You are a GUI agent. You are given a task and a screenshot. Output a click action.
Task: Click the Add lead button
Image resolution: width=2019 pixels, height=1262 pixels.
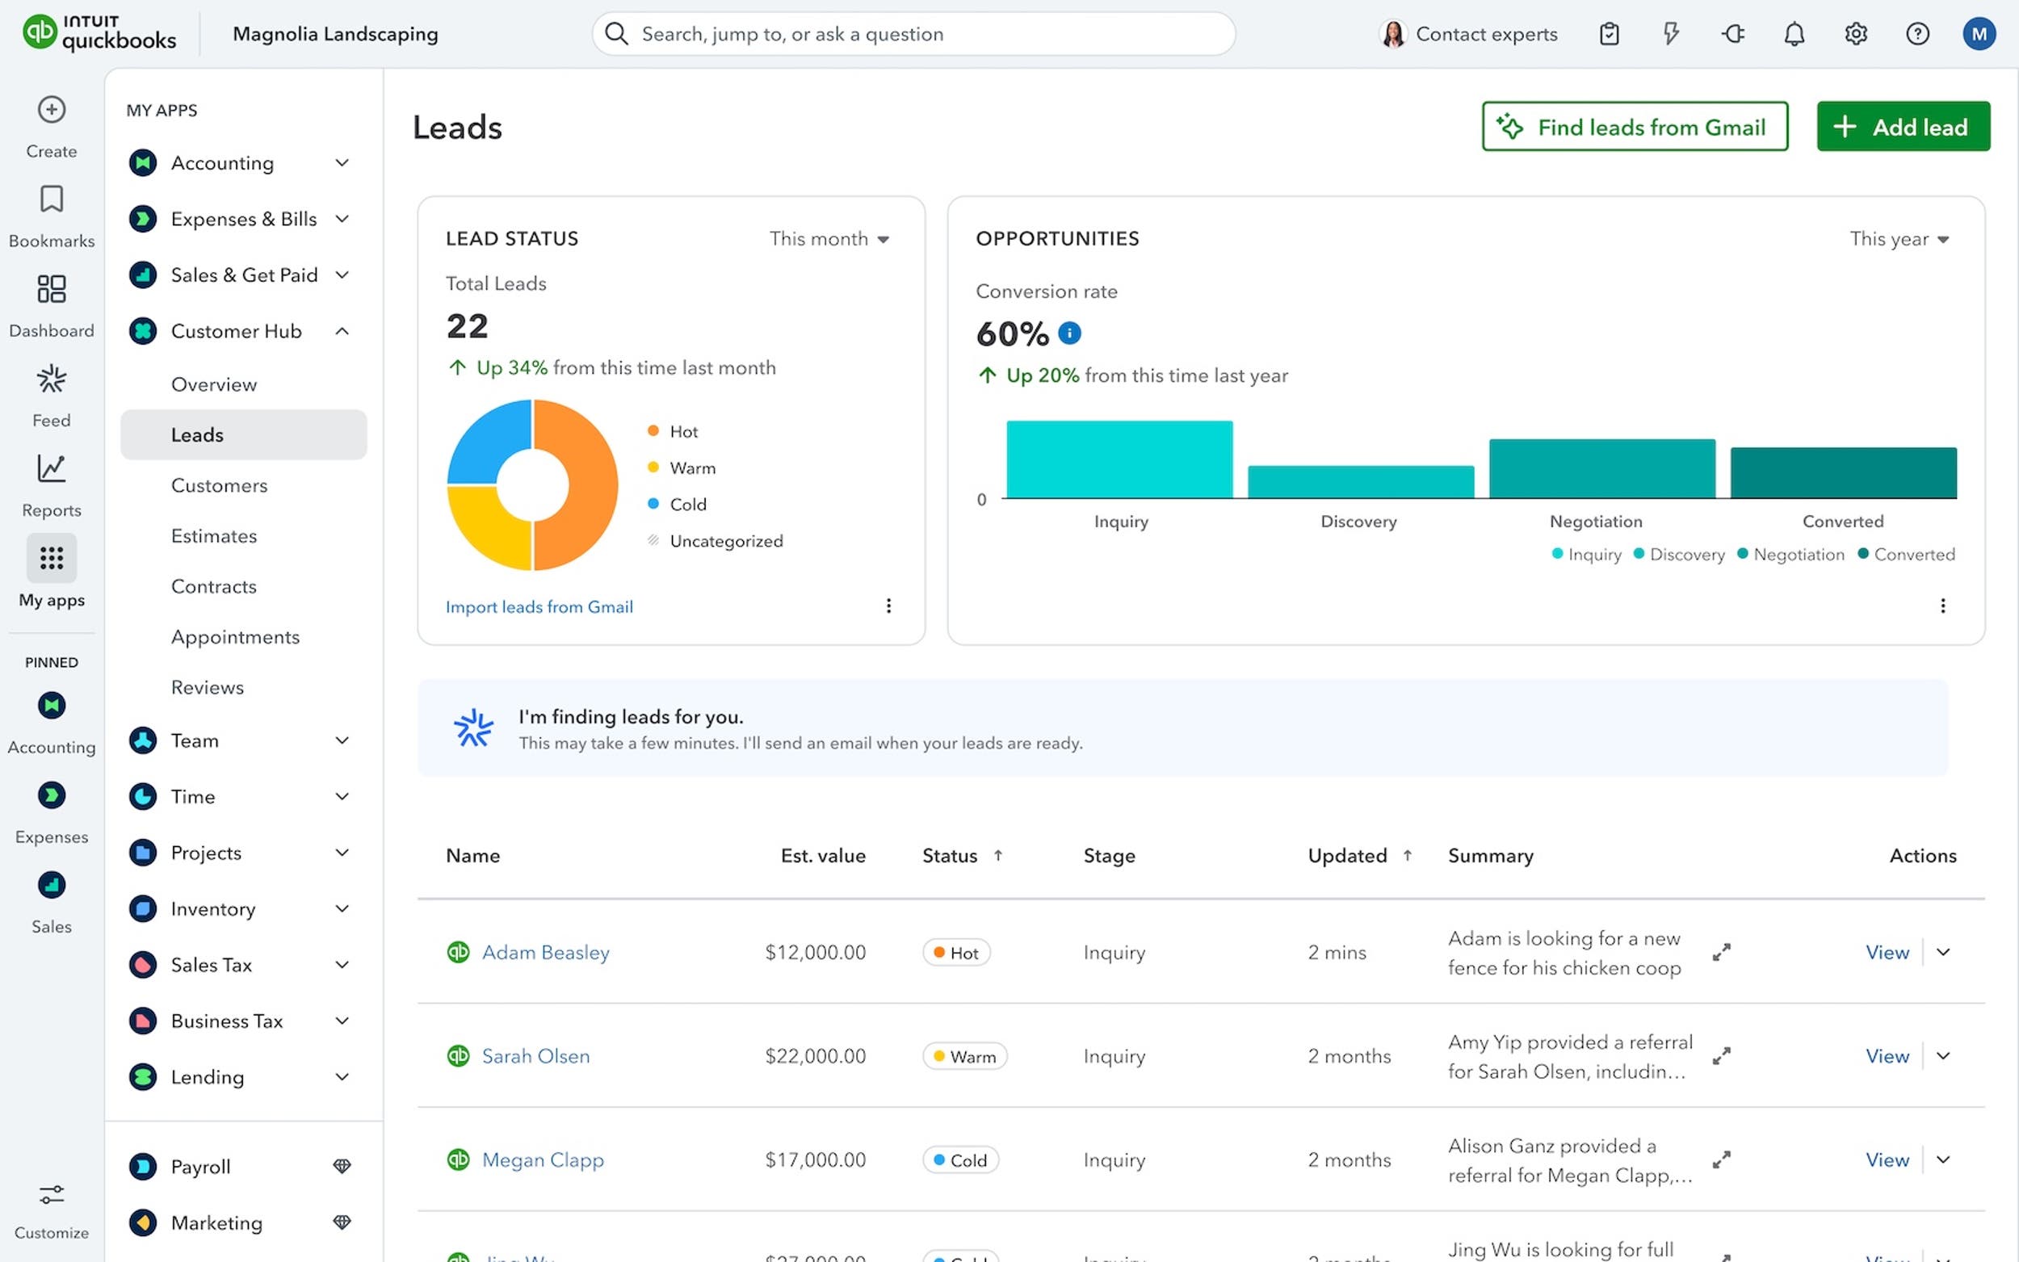pos(1902,127)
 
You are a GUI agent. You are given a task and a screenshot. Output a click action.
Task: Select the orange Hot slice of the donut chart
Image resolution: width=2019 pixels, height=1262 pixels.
pos(584,484)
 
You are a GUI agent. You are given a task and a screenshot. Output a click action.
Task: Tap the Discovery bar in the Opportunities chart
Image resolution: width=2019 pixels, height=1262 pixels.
pos(1360,481)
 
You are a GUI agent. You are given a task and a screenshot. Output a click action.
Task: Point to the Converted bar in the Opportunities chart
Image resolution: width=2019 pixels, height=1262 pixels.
pos(1842,472)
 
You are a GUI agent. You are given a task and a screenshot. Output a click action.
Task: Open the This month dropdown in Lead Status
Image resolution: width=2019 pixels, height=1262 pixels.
pos(828,240)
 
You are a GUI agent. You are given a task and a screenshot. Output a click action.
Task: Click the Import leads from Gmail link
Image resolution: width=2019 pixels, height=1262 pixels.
pos(539,607)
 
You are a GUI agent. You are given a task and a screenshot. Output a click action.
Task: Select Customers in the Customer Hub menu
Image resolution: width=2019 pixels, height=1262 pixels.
pos(219,486)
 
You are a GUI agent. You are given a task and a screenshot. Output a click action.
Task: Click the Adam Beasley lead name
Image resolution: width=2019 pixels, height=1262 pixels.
pos(545,952)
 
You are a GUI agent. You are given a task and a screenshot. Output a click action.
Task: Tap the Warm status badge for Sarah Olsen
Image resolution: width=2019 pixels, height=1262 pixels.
pos(964,1057)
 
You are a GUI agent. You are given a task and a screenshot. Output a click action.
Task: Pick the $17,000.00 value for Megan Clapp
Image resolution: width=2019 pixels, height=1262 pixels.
pos(815,1160)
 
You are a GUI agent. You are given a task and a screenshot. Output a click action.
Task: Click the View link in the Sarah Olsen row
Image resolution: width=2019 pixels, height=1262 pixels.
pos(1887,1057)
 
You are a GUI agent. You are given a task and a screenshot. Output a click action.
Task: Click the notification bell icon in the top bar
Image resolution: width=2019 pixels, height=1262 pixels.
pos(1794,34)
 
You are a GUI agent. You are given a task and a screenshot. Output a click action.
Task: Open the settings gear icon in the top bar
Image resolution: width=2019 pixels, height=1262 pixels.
pos(1854,34)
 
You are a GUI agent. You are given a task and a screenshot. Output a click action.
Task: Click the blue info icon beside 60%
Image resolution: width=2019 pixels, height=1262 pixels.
pos(1068,333)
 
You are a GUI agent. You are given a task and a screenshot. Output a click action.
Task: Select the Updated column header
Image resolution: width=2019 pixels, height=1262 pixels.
pos(1346,856)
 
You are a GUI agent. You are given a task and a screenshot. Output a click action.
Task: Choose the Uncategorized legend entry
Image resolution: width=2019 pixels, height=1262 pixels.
pos(725,541)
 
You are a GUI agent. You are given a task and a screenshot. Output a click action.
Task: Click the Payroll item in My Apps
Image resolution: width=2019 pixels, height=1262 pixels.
pos(200,1167)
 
